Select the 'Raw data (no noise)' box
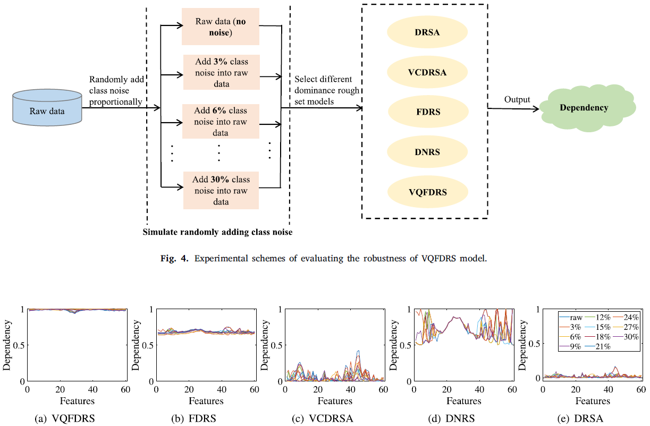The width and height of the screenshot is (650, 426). click(x=221, y=27)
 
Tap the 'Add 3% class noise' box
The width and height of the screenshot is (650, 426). click(x=221, y=73)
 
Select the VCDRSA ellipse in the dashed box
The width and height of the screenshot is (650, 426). click(x=427, y=72)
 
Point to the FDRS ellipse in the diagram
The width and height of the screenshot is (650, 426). click(x=427, y=113)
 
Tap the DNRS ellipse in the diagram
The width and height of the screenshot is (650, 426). click(x=427, y=152)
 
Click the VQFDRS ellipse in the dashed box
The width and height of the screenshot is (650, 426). click(x=427, y=192)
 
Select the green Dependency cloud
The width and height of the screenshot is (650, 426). click(x=584, y=108)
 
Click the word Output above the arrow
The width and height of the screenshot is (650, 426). click(x=517, y=100)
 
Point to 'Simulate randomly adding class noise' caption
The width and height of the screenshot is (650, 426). click(x=218, y=232)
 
